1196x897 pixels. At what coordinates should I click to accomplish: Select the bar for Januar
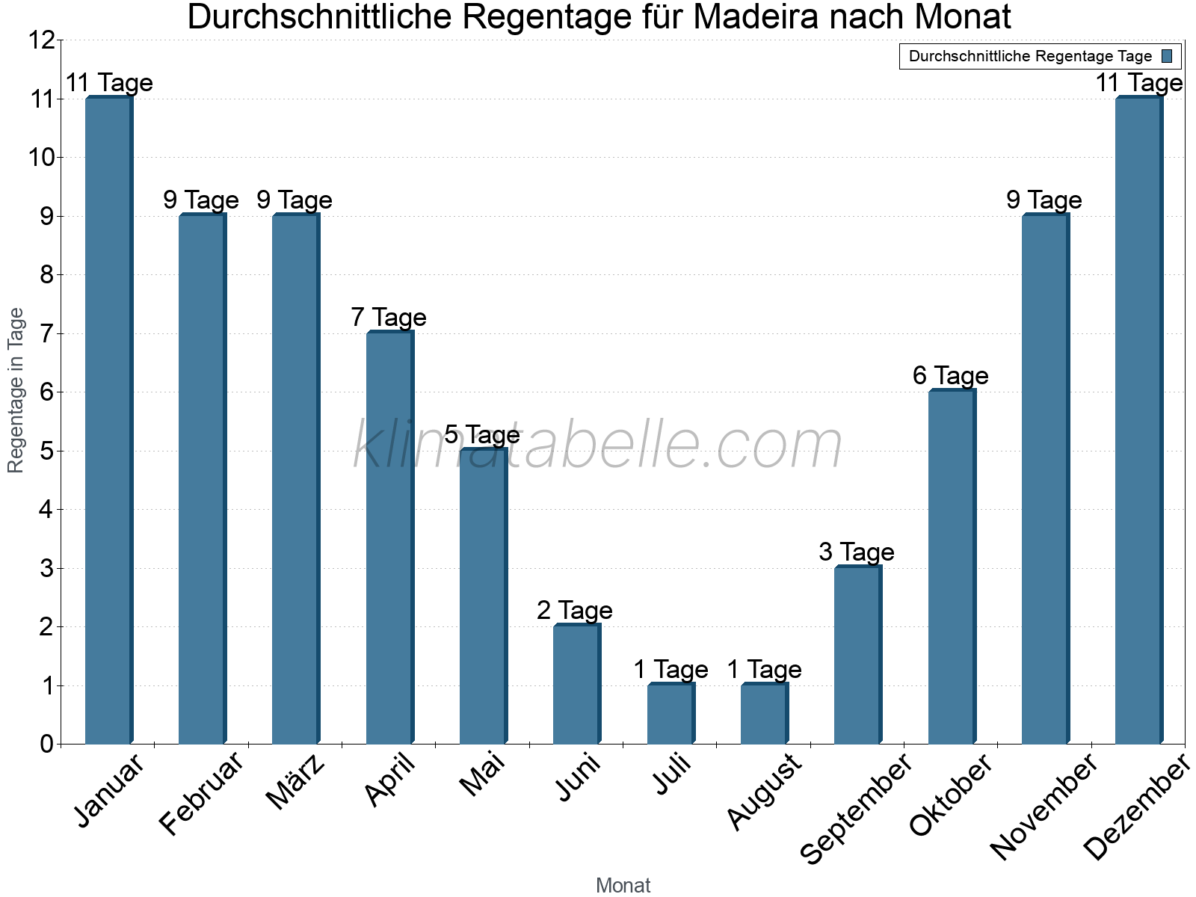click(x=109, y=420)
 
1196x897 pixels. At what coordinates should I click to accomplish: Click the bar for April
click(x=390, y=537)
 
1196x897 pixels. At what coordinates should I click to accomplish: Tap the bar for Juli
click(x=671, y=713)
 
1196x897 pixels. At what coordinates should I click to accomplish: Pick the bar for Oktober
click(x=952, y=567)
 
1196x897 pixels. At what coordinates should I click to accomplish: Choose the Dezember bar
click(x=1139, y=420)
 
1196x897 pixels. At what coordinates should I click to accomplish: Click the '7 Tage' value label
click(x=389, y=318)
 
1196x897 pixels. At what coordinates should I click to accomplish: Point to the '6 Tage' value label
click(x=950, y=376)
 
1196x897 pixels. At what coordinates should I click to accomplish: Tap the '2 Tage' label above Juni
click(x=574, y=611)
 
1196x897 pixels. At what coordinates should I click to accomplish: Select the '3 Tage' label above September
click(x=856, y=552)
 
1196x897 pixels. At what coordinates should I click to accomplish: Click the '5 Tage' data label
click(x=482, y=435)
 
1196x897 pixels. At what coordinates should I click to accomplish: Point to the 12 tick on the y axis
click(x=41, y=40)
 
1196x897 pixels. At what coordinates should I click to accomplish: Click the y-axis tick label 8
click(x=47, y=275)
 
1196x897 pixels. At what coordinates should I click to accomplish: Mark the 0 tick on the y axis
click(x=47, y=744)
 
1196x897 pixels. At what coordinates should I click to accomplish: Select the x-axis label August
click(x=764, y=792)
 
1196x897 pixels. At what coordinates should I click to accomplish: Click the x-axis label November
click(x=1044, y=806)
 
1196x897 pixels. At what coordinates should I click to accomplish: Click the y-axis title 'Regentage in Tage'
click(x=16, y=390)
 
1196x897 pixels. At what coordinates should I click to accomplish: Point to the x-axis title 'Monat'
click(x=623, y=886)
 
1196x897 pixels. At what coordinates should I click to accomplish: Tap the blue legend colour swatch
click(x=1167, y=56)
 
